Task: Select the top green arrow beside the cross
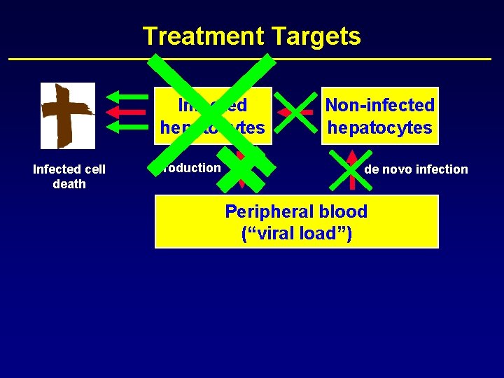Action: (x=123, y=97)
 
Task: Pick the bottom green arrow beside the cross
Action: (x=123, y=127)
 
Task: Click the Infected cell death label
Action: (x=69, y=176)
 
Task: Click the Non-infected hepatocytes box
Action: (x=379, y=116)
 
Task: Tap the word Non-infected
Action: (x=380, y=105)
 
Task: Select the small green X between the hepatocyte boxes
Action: (x=296, y=111)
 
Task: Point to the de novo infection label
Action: (x=416, y=169)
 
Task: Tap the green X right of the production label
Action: (x=241, y=171)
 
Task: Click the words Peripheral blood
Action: (x=296, y=211)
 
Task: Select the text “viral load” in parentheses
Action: (x=296, y=233)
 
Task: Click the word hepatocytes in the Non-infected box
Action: (x=380, y=128)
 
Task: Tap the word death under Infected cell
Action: (x=69, y=184)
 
